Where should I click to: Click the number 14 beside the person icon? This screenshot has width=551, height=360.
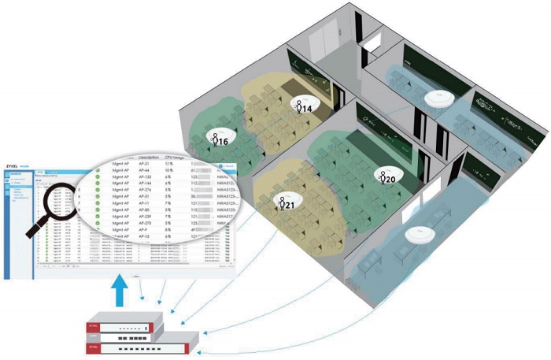(308, 108)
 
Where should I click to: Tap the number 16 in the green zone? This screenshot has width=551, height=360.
(223, 141)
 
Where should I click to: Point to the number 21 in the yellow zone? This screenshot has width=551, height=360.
(290, 206)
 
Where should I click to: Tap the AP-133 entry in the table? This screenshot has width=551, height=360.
(147, 179)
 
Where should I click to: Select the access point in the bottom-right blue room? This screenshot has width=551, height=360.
(418, 234)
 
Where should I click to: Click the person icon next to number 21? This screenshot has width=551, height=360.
(279, 203)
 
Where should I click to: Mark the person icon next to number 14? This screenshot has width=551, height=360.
(298, 106)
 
